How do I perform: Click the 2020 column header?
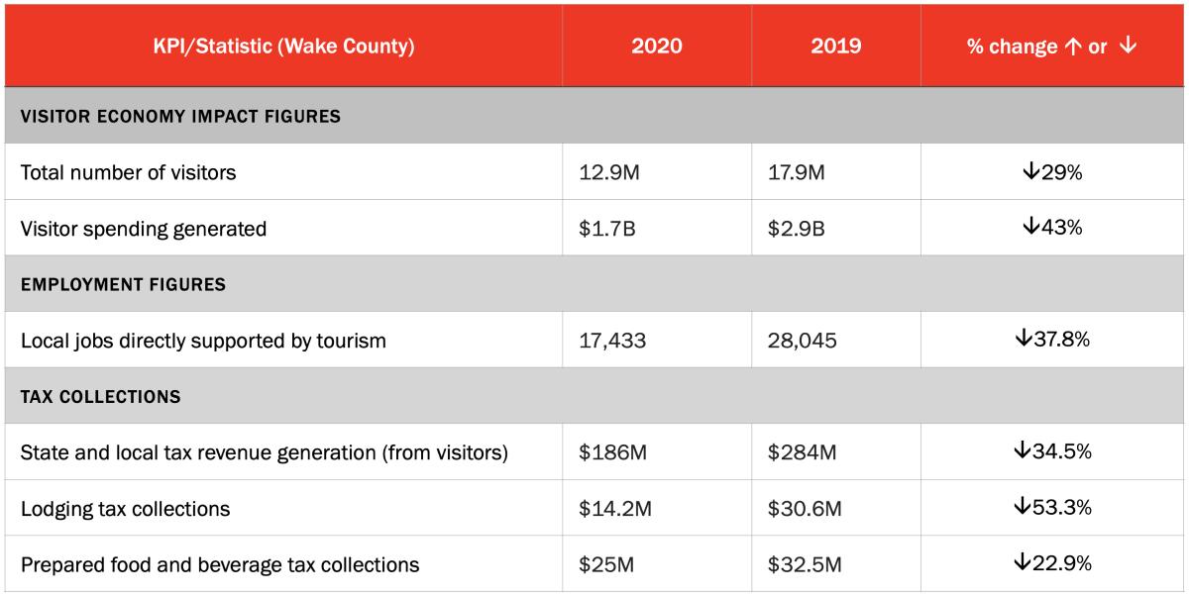[656, 47]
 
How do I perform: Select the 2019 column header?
[835, 47]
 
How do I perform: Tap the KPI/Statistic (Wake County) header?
[283, 47]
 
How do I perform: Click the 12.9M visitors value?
[609, 172]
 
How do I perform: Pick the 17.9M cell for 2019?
[798, 172]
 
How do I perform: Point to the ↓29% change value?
[1052, 172]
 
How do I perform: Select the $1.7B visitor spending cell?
[606, 229]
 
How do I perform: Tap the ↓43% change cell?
[1052, 229]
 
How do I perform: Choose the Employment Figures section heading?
[123, 284]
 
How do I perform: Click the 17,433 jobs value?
[612, 341]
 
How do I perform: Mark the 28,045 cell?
[803, 341]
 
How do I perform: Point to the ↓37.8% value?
[1052, 341]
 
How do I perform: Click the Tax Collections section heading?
[100, 397]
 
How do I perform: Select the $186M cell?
[612, 452]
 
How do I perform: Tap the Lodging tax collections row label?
[125, 509]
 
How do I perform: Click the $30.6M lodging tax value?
[805, 509]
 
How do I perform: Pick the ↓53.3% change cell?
[1052, 509]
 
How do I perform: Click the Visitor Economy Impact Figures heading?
[180, 116]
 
